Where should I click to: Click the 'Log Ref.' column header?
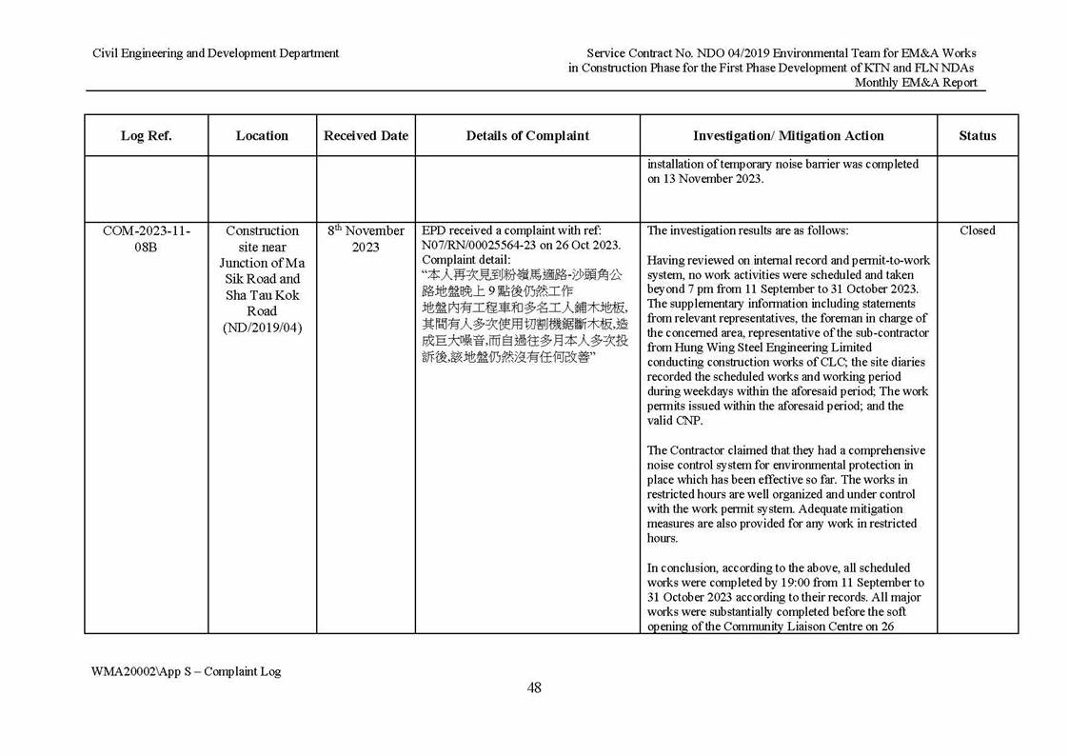click(x=146, y=135)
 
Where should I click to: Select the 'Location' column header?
click(x=262, y=135)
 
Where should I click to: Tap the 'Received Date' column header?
click(x=366, y=135)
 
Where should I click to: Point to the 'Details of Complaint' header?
click(x=527, y=135)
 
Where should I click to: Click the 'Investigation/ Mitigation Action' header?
click(x=788, y=135)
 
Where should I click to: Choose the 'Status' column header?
click(x=977, y=135)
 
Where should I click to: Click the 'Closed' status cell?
click(x=977, y=230)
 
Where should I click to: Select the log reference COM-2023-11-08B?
click(x=146, y=238)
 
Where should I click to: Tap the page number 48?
click(x=534, y=688)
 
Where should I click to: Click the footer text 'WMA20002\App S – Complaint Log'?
click(x=186, y=671)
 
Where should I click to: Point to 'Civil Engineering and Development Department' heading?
click(x=215, y=53)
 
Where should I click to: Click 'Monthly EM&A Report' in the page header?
click(x=915, y=83)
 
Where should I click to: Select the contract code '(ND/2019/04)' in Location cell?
click(x=262, y=328)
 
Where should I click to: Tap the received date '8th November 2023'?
click(x=366, y=238)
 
